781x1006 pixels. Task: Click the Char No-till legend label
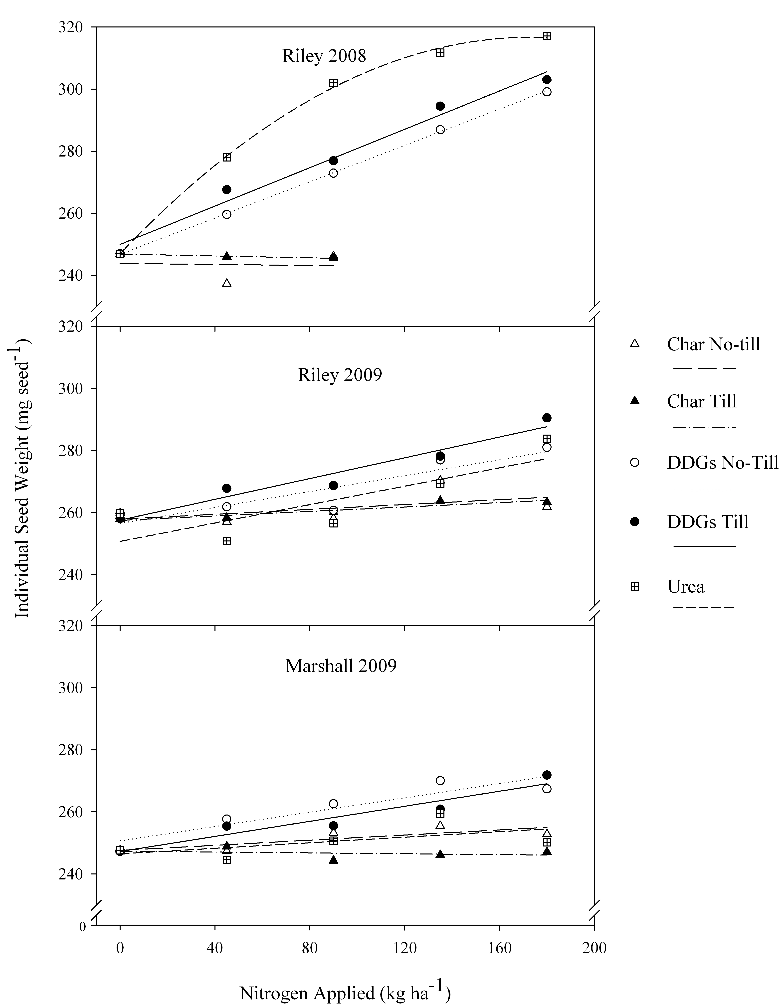pos(713,344)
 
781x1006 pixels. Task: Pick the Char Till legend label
pos(701,402)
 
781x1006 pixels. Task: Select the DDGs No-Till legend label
pos(722,462)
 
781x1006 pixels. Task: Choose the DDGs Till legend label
pos(707,522)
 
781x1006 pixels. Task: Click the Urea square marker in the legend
pos(635,586)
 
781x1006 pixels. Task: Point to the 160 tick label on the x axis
pos(499,948)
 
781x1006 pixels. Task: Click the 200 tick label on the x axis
pos(594,948)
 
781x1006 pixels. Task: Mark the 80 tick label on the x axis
pos(310,948)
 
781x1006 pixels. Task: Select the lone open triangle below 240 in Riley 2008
pos(227,283)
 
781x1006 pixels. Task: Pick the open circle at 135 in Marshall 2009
pos(440,780)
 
